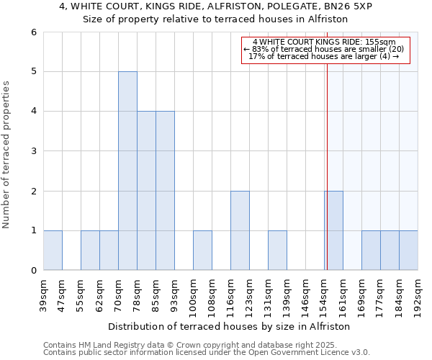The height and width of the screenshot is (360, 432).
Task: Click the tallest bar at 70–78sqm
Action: pyautogui.click(x=127, y=171)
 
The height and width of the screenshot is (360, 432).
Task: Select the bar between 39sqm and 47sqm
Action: pyautogui.click(x=53, y=250)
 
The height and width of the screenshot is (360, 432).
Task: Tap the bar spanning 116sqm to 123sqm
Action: pyautogui.click(x=240, y=230)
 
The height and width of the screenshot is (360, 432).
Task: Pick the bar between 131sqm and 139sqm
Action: pyautogui.click(x=277, y=250)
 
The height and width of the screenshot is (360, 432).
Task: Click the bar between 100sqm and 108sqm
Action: pyautogui.click(x=202, y=250)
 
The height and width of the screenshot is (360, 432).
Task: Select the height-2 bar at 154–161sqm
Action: pyautogui.click(x=333, y=230)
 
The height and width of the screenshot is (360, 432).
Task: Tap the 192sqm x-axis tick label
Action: pyautogui.click(x=418, y=295)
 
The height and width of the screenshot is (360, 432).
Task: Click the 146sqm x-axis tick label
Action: pyautogui.click(x=305, y=295)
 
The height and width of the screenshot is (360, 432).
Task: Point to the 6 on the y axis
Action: pyautogui.click(x=33, y=32)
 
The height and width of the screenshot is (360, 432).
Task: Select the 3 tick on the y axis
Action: pyautogui.click(x=33, y=151)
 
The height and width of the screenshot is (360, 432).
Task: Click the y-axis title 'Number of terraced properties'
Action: pyautogui.click(x=7, y=155)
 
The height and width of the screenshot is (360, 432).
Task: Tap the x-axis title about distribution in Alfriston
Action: pyautogui.click(x=230, y=326)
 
